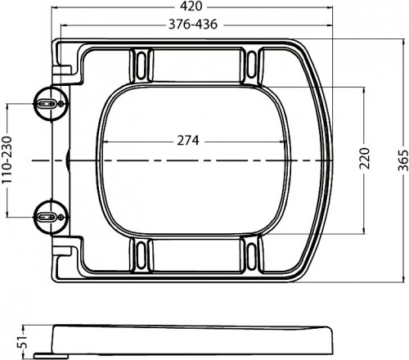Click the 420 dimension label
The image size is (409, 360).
point(191,6)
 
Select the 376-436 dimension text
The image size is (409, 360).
point(193,25)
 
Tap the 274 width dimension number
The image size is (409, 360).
point(188,141)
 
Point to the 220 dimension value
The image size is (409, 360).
point(365,158)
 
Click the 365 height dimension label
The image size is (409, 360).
point(403,160)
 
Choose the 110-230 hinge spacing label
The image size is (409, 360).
point(7,160)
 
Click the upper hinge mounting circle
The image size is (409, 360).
point(51,103)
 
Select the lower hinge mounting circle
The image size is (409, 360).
point(51,217)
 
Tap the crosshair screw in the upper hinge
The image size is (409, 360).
point(61,103)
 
